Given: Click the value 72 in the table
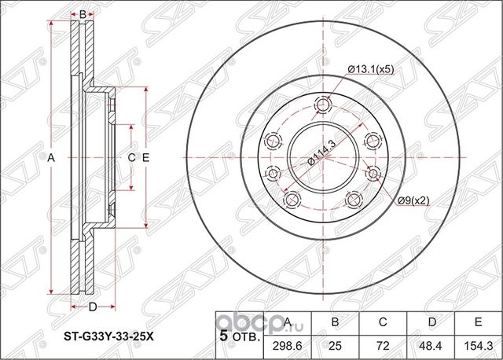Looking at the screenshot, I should [382, 343].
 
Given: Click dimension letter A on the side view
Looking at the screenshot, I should [52, 158].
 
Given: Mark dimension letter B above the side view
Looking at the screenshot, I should [83, 13].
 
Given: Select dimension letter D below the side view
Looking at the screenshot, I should [93, 306].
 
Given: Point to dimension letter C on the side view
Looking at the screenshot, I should [131, 158].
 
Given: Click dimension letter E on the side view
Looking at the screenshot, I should [145, 158].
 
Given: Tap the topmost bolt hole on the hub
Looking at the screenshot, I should [322, 104].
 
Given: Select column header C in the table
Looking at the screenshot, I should [382, 322].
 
